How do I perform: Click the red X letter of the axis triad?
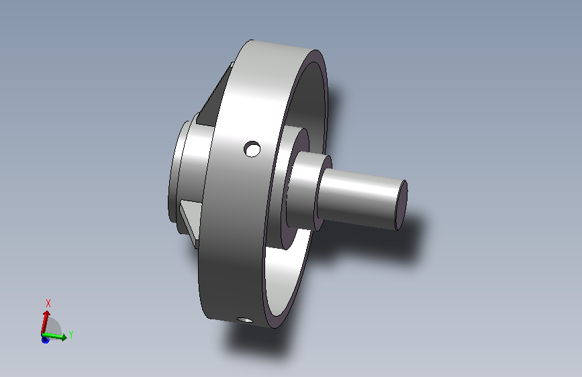click(48, 303)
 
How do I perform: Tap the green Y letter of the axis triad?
click(71, 333)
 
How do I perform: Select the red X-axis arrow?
click(46, 320)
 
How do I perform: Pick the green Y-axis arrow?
click(59, 335)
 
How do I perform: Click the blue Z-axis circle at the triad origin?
click(45, 339)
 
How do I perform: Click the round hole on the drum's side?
click(252, 148)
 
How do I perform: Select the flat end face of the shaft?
click(401, 205)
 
